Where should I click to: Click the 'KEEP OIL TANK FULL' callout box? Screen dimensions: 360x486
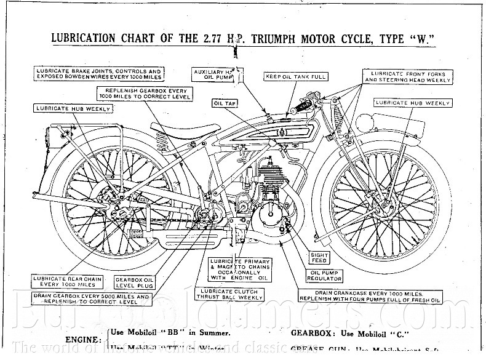tap(295, 77)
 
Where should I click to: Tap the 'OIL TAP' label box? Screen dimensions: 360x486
tap(225, 103)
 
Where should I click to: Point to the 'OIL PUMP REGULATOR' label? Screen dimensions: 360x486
tap(324, 274)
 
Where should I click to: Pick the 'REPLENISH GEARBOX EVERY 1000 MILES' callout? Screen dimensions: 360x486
tap(144, 94)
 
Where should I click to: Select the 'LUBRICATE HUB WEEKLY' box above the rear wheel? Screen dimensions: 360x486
tap(72, 109)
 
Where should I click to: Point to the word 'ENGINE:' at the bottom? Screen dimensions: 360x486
tap(83, 339)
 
